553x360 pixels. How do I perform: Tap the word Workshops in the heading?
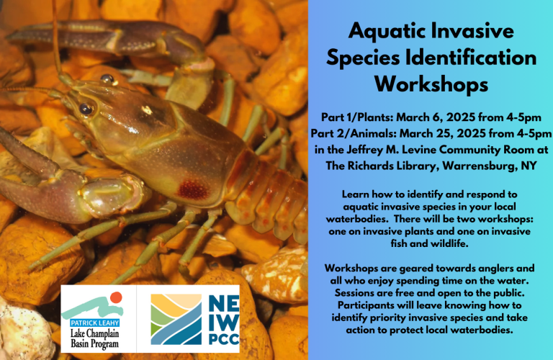[x=431, y=84]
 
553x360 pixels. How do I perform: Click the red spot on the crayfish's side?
[x=192, y=189]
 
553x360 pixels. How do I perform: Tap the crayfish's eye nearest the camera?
[x=86, y=109]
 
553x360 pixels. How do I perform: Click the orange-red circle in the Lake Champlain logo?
[x=116, y=297]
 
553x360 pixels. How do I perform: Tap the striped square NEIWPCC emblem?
[x=176, y=320]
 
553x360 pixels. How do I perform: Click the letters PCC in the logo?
[x=224, y=339]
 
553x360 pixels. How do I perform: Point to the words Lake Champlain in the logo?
[x=94, y=333]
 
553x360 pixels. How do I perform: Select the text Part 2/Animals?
[x=353, y=134]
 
